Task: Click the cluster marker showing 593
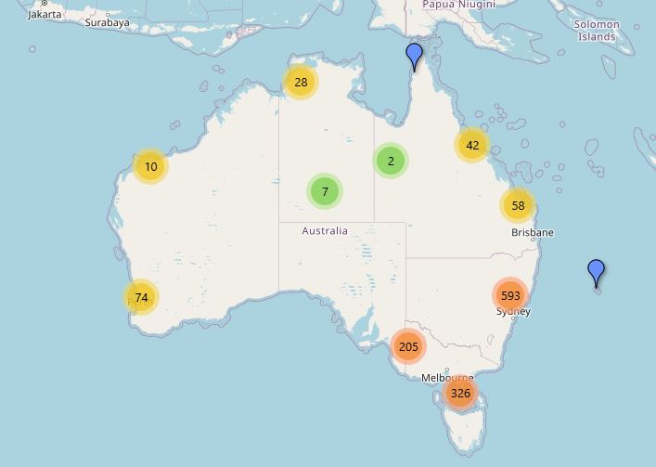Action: pyautogui.click(x=509, y=296)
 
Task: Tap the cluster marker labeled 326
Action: pyautogui.click(x=460, y=394)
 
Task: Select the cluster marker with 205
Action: pyautogui.click(x=408, y=347)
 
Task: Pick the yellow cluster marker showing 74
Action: pyautogui.click(x=141, y=298)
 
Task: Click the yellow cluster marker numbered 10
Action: pyautogui.click(x=150, y=167)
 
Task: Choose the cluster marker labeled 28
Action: pyautogui.click(x=301, y=83)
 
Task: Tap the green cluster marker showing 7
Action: pyautogui.click(x=325, y=192)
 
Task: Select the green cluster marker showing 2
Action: pyautogui.click(x=391, y=162)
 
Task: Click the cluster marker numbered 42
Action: pyautogui.click(x=472, y=145)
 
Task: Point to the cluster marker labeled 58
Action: pyautogui.click(x=518, y=206)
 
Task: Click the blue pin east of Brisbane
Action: pyautogui.click(x=597, y=273)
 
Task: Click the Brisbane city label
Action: pyautogui.click(x=532, y=232)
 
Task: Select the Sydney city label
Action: pyautogui.click(x=513, y=312)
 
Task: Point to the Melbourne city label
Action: pyautogui.click(x=447, y=378)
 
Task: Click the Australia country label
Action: pyautogui.click(x=325, y=230)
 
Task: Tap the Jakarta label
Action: pyautogui.click(x=45, y=14)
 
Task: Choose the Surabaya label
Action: pyautogui.click(x=107, y=22)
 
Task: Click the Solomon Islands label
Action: pyautogui.click(x=597, y=31)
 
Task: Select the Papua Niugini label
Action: pyautogui.click(x=458, y=5)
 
